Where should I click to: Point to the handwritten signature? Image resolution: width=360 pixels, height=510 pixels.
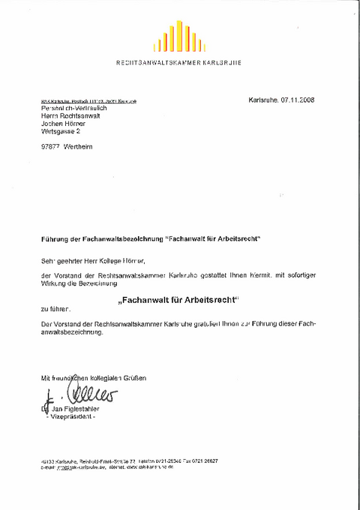[x=79, y=393]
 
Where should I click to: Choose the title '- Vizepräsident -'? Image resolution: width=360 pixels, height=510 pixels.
[x=70, y=416]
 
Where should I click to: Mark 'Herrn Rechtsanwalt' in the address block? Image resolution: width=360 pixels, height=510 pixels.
[x=72, y=116]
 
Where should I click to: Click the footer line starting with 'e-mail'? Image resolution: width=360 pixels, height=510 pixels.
[x=105, y=466]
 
